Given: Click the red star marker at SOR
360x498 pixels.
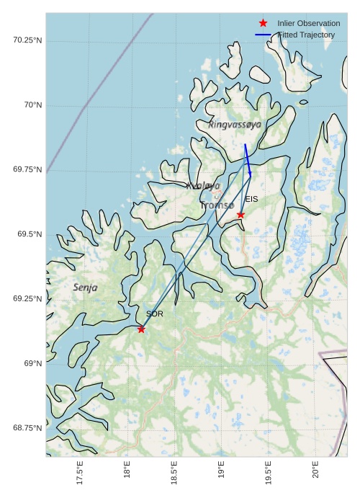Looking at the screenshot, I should [x=141, y=329].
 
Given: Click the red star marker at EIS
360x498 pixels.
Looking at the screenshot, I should [x=240, y=215].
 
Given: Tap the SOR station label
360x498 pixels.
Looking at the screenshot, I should [x=155, y=314].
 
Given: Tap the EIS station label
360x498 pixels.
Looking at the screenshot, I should [x=251, y=199].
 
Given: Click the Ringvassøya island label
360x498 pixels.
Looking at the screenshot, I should [x=235, y=125].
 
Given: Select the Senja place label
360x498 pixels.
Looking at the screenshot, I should [x=85, y=288].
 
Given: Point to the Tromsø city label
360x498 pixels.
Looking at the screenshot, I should [x=217, y=205].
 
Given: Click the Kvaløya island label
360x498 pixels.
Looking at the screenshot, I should [x=203, y=186].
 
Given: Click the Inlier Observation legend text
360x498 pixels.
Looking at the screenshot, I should [x=308, y=24].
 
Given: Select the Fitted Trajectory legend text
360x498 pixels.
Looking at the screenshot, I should [x=306, y=35].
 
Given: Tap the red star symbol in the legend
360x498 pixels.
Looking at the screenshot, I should [x=263, y=24].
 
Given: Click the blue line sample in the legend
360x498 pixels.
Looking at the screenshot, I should [x=263, y=35].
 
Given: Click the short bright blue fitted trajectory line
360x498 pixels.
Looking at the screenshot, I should [x=248, y=159].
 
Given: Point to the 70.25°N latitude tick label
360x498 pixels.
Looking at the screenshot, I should [x=27, y=40].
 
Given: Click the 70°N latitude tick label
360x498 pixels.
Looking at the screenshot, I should [x=33, y=105].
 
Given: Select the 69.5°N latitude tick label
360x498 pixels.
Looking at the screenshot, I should [x=30, y=234].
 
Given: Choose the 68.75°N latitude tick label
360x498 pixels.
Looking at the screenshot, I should [x=27, y=428].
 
